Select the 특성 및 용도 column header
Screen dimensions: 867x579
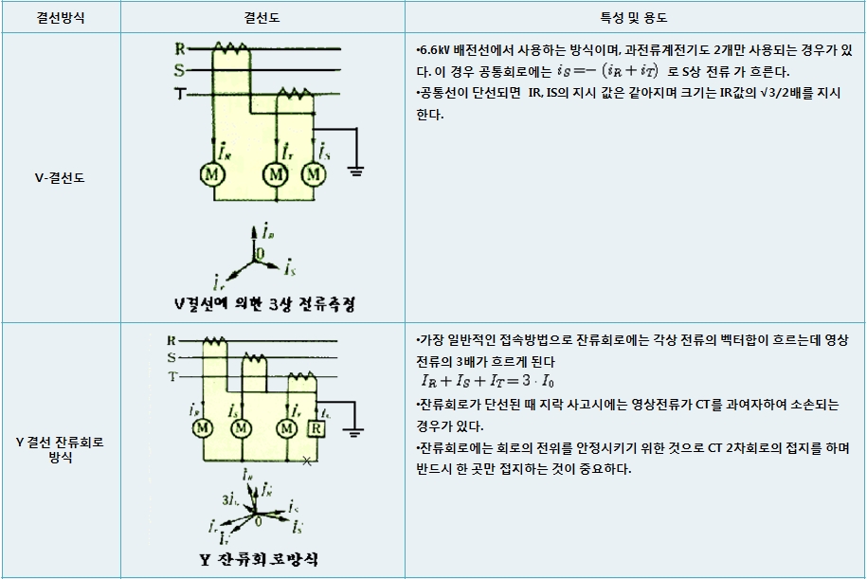tap(634, 17)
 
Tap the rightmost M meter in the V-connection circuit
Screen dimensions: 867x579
tap(313, 175)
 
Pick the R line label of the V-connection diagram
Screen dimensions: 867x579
tap(179, 46)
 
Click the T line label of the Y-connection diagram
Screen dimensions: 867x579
tap(172, 377)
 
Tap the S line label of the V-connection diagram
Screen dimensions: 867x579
tap(179, 69)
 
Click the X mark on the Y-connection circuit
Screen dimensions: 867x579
tap(305, 462)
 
